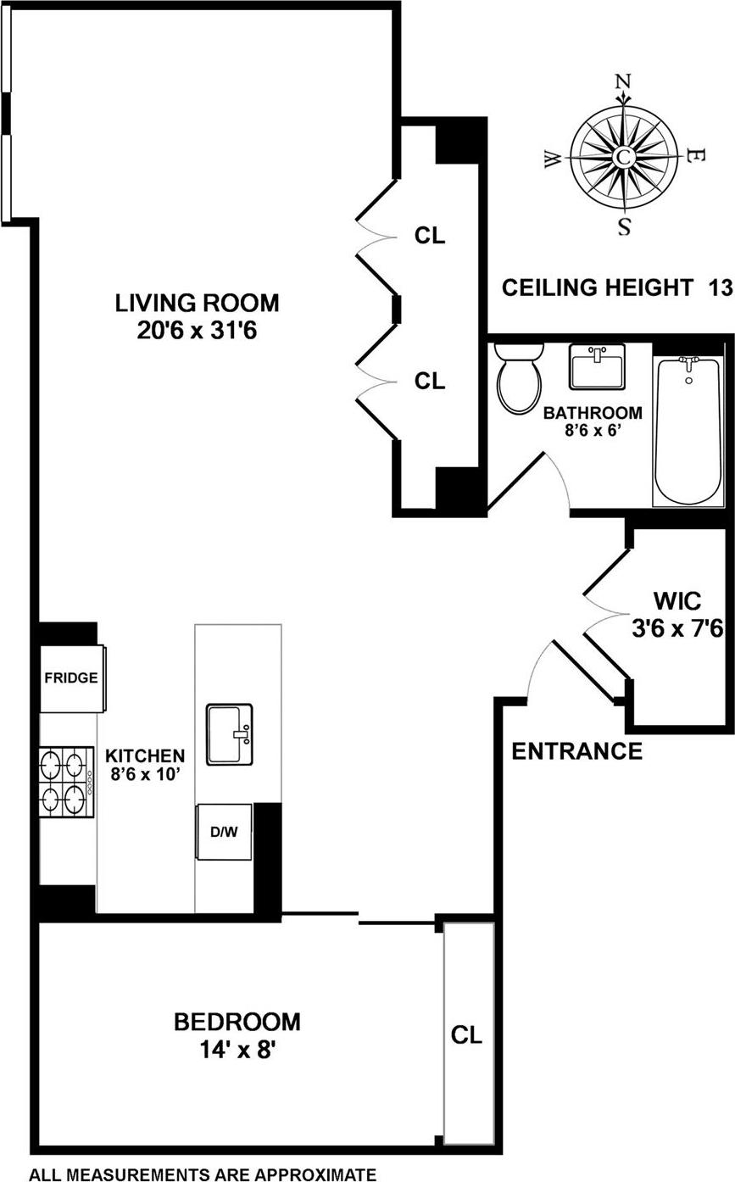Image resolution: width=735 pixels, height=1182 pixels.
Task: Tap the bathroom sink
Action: [x=597, y=366]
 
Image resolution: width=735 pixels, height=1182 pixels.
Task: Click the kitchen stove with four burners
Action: [x=65, y=782]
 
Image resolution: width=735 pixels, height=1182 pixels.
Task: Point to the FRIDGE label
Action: [x=71, y=678]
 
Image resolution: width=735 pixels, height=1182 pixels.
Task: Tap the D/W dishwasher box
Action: [x=224, y=832]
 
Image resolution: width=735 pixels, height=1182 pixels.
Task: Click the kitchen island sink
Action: [x=229, y=733]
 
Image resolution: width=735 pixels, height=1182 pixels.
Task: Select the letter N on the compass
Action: [x=623, y=81]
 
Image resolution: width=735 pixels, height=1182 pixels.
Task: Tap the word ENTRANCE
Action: [x=576, y=751]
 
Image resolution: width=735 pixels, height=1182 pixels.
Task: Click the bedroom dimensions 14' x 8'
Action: [x=237, y=1051]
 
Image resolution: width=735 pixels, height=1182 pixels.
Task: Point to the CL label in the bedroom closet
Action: [x=466, y=1035]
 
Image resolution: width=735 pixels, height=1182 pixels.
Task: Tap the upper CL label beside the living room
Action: [x=430, y=237]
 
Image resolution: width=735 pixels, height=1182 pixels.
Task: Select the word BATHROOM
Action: [x=593, y=414]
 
